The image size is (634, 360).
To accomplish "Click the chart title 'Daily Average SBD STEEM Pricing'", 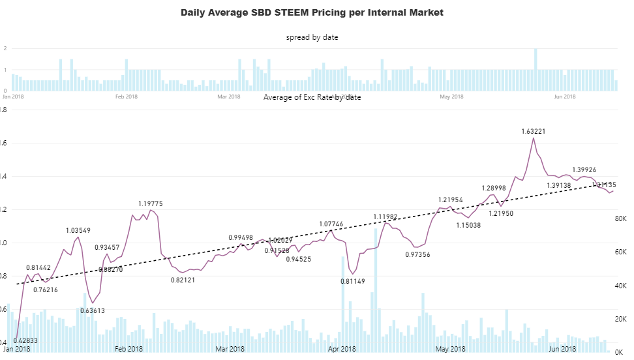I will (312, 12).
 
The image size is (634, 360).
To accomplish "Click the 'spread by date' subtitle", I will (312, 37).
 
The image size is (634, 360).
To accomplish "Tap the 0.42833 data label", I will (24, 340).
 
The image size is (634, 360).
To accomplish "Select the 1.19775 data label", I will (150, 204).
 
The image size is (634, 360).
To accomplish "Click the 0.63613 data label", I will (93, 311).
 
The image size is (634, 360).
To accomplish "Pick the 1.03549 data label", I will (78, 231).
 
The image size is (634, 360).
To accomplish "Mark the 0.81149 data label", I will (353, 282).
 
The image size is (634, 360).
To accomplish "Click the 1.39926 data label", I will (584, 170).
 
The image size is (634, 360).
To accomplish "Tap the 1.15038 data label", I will (468, 225).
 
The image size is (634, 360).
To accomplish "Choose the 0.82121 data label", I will (183, 280).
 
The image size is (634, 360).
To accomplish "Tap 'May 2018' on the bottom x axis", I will (451, 349).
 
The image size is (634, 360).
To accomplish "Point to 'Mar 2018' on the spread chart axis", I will (229, 97).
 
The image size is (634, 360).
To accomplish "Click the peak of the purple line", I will (533, 138).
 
